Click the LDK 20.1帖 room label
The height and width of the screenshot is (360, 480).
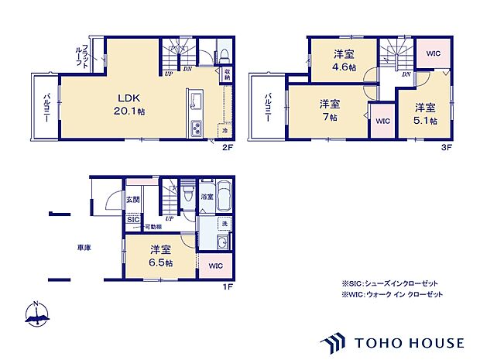coord(131,104)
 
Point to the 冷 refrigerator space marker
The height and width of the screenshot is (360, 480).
coord(224,131)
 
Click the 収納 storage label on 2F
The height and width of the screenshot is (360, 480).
coord(227,75)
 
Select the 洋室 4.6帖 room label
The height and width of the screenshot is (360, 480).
coord(345,60)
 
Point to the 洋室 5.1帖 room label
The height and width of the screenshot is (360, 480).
coord(423,114)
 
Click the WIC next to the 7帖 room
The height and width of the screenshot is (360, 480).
coord(382,121)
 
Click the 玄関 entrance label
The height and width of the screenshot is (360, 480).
coord(132,199)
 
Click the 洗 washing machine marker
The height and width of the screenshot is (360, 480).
coord(224,224)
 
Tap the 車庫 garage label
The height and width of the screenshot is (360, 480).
coord(83,249)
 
